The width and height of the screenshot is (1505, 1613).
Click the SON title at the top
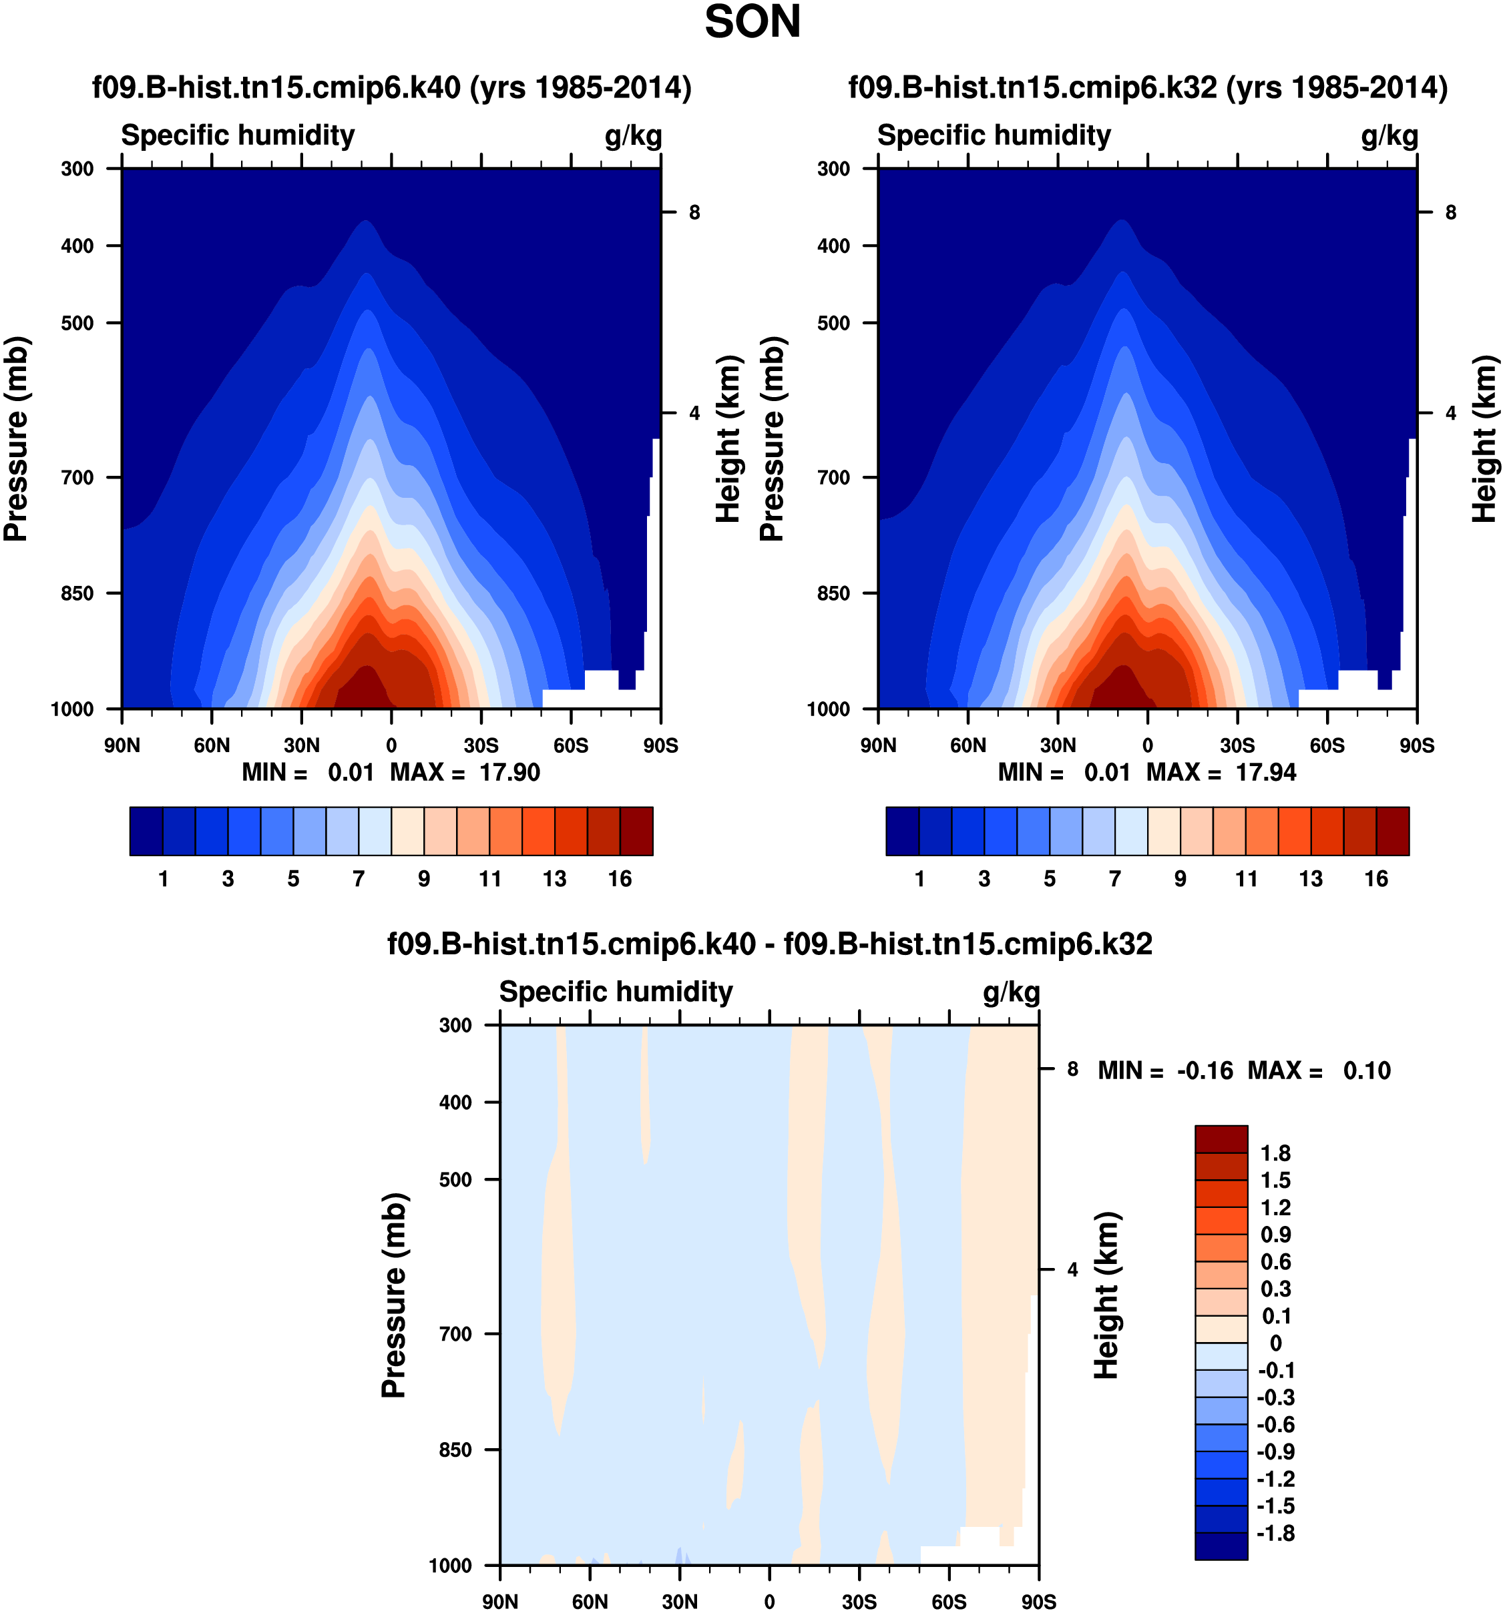tap(752, 23)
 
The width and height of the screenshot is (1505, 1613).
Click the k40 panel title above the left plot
tap(391, 87)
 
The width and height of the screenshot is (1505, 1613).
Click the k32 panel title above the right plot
tap(1147, 87)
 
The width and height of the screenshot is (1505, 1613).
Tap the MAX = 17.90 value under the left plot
tap(465, 772)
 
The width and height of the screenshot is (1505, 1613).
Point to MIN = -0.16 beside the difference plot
tap(1165, 1071)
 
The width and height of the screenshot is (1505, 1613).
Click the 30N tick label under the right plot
tap(1057, 745)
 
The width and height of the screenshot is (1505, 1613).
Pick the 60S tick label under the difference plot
tap(948, 1602)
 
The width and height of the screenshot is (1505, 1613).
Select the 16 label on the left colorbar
tap(620, 879)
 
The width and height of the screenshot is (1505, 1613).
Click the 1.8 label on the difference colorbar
tap(1275, 1153)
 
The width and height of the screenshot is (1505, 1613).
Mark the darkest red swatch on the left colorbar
tap(636, 831)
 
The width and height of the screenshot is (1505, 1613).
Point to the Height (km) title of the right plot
tap(1483, 439)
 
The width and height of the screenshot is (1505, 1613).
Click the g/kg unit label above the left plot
tap(633, 136)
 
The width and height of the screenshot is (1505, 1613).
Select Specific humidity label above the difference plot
tap(616, 992)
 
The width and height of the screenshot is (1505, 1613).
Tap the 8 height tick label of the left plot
tap(694, 213)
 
